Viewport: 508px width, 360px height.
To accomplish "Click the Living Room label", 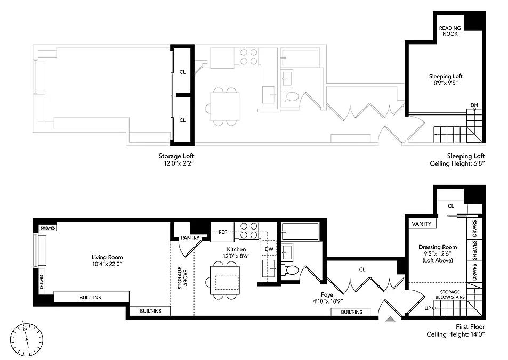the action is click(x=107, y=257).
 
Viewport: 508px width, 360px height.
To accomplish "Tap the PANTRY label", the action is click(x=190, y=238).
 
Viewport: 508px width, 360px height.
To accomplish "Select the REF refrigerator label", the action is click(x=223, y=232).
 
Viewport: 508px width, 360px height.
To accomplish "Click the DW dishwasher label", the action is click(x=269, y=249).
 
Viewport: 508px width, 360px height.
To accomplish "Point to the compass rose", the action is click(x=26, y=338).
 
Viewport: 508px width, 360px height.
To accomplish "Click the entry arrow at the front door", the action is click(x=391, y=320).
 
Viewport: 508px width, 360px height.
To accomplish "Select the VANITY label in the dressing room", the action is click(x=422, y=224).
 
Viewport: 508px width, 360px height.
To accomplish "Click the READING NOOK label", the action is click(x=450, y=31).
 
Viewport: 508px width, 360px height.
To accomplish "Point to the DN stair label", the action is click(x=474, y=105).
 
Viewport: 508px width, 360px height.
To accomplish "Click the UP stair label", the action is click(x=428, y=308).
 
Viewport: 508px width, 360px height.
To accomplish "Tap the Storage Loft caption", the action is click(x=176, y=156).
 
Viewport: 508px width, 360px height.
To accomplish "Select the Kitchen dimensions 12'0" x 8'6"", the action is click(x=236, y=256).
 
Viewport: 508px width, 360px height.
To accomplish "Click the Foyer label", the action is click(x=328, y=294).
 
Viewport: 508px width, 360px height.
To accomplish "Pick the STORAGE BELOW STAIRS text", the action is click(x=450, y=294).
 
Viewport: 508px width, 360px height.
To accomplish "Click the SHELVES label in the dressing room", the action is click(x=474, y=250).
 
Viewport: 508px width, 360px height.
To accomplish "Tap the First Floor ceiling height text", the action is click(x=456, y=334).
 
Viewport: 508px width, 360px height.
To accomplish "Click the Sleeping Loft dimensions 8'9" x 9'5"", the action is click(x=446, y=83).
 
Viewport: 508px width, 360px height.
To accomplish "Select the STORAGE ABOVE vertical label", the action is click(x=182, y=278).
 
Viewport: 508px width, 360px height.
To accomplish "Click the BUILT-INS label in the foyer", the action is click(x=351, y=312).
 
